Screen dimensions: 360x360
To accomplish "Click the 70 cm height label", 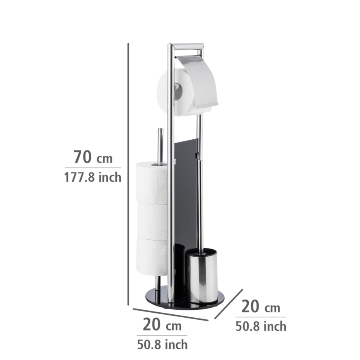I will [93, 158].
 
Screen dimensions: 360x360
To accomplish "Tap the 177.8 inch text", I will [93, 178].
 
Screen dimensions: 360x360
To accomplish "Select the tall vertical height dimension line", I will [129, 174].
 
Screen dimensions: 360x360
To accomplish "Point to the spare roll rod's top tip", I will [160, 131].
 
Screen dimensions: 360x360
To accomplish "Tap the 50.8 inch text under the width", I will [162, 343].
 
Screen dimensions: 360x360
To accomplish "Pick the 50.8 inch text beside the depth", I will [261, 326].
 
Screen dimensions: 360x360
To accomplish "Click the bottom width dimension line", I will [170, 314].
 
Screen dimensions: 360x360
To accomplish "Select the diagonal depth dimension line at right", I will [229, 304].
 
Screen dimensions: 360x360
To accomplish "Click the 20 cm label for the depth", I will [261, 307].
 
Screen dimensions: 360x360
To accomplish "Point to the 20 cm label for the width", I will [162, 325].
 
